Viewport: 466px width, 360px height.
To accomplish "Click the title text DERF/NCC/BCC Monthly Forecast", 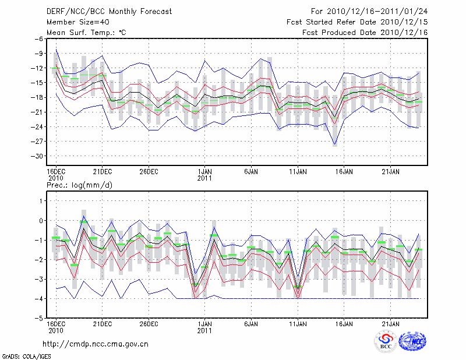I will pos(108,12).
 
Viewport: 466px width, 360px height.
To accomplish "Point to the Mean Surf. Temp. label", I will pos(86,33).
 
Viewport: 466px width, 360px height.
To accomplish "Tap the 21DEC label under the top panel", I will pos(103,172).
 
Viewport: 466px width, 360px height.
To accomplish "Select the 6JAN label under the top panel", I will pos(252,172).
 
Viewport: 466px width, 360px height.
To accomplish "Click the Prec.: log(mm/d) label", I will pos(79,185).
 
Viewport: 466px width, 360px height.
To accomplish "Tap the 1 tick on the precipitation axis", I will pos(41,201).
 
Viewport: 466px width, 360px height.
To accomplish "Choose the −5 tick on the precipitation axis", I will pos(39,318).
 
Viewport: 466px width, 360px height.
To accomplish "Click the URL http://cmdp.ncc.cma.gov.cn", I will pos(96,344).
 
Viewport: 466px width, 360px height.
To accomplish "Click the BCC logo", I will pos(385,343).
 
